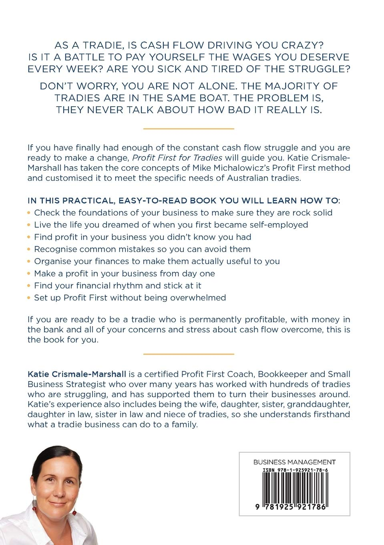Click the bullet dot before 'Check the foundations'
point(29,213)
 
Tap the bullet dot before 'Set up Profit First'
point(29,298)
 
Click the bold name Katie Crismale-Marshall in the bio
point(77,374)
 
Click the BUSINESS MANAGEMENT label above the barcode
point(294,462)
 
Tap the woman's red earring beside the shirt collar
point(74,512)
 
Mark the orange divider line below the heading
point(189,129)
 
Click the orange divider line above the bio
point(189,354)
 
